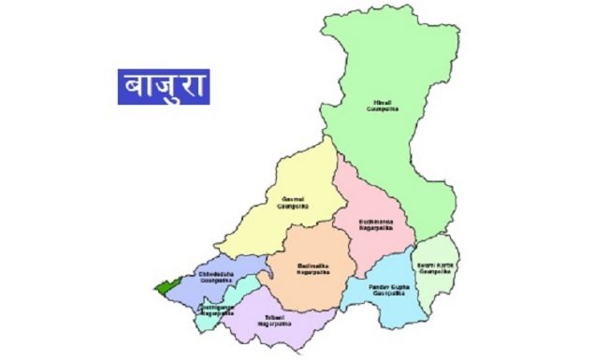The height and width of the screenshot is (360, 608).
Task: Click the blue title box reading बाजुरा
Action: (164, 85)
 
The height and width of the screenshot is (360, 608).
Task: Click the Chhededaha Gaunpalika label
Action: (220, 278)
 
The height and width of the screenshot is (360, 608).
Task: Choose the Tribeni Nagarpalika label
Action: (277, 320)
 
